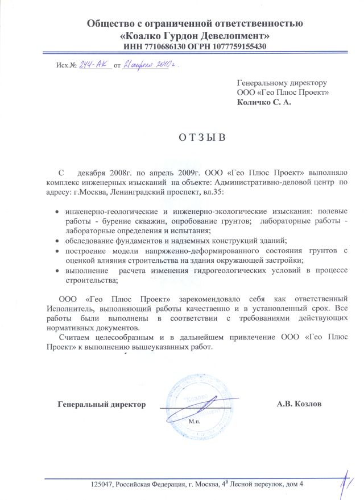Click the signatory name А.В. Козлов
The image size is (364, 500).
pos(299,404)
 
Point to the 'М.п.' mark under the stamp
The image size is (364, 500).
pos(194,423)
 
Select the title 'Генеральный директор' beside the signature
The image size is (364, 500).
pos(101,404)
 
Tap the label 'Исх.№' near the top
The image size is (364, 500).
pos(67,67)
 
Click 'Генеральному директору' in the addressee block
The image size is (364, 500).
pos(280,82)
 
